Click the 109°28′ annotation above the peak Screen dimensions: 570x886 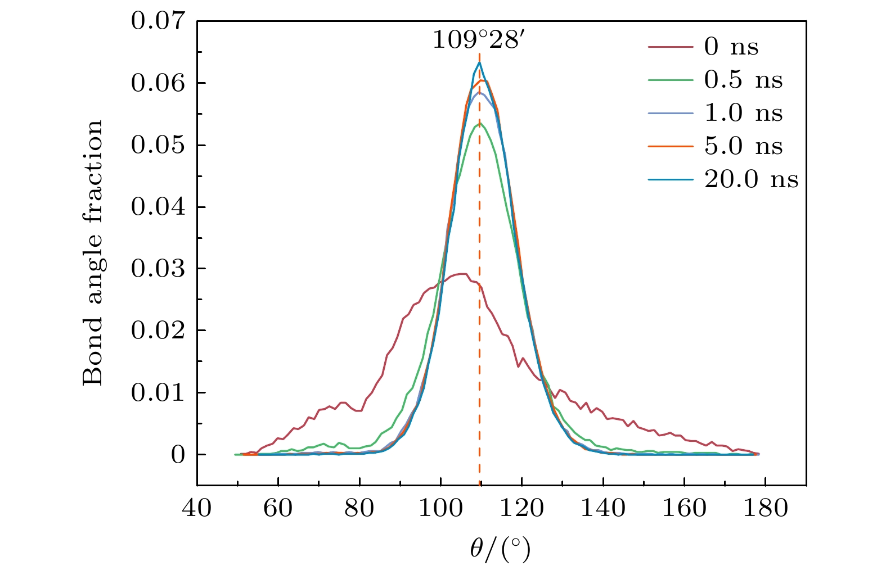pyautogui.click(x=479, y=40)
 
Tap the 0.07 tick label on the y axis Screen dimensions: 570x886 pyautogui.click(x=158, y=21)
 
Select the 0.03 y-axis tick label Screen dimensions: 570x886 pyautogui.click(x=158, y=269)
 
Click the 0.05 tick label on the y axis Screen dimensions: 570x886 pyautogui.click(x=158, y=146)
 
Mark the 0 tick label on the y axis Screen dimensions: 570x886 pyautogui.click(x=178, y=455)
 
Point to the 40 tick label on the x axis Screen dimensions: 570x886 pyautogui.click(x=197, y=509)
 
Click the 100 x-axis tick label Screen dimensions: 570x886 pyautogui.click(x=440, y=509)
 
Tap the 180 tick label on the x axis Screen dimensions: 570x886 pyautogui.click(x=765, y=509)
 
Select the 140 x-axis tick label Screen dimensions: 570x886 pyautogui.click(x=602, y=509)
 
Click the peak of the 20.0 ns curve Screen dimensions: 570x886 pyautogui.click(x=479, y=62)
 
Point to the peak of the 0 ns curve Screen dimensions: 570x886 pyautogui.click(x=462, y=274)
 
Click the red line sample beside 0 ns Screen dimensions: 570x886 pyautogui.click(x=670, y=47)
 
